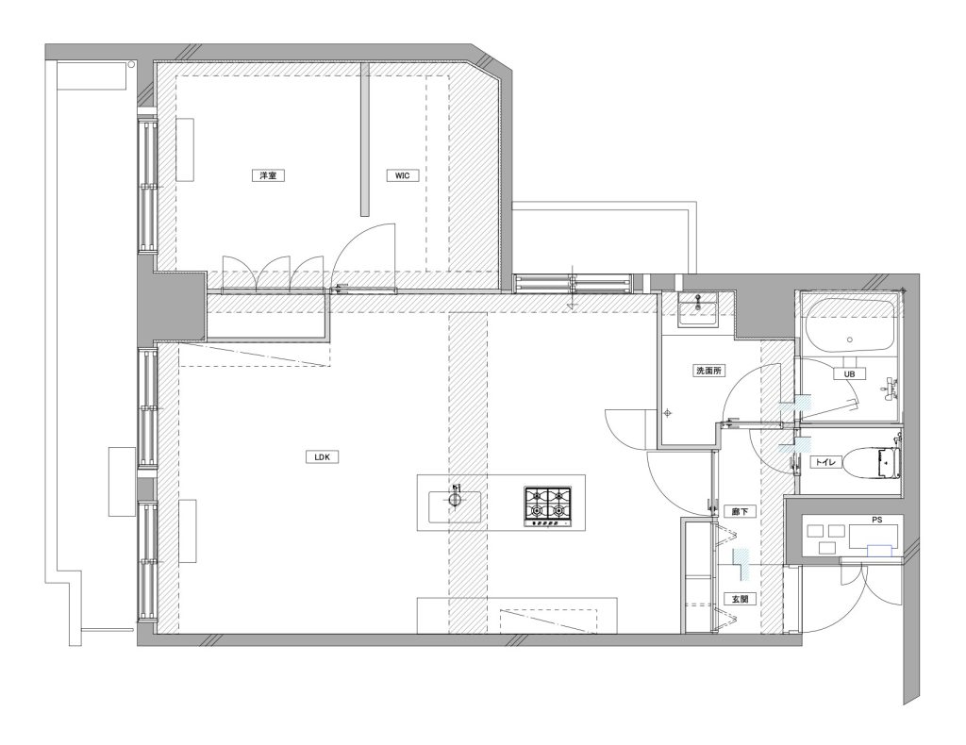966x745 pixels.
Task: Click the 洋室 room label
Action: tap(268, 175)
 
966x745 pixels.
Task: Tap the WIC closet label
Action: tap(402, 175)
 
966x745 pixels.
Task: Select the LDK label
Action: tap(323, 456)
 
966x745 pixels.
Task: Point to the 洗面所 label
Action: tap(708, 371)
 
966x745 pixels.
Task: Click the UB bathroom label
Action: tap(849, 373)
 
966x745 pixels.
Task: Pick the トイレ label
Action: tap(825, 462)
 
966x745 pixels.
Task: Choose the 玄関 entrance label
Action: tap(740, 598)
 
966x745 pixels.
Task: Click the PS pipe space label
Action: tap(876, 520)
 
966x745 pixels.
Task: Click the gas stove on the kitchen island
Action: tap(548, 506)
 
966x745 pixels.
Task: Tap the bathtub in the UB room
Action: tap(850, 326)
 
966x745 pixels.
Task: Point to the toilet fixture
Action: tap(872, 463)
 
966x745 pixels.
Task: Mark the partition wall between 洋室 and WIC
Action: tap(365, 139)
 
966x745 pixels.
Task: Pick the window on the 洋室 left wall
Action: tap(147, 184)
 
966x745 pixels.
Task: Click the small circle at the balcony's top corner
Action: tap(131, 64)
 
